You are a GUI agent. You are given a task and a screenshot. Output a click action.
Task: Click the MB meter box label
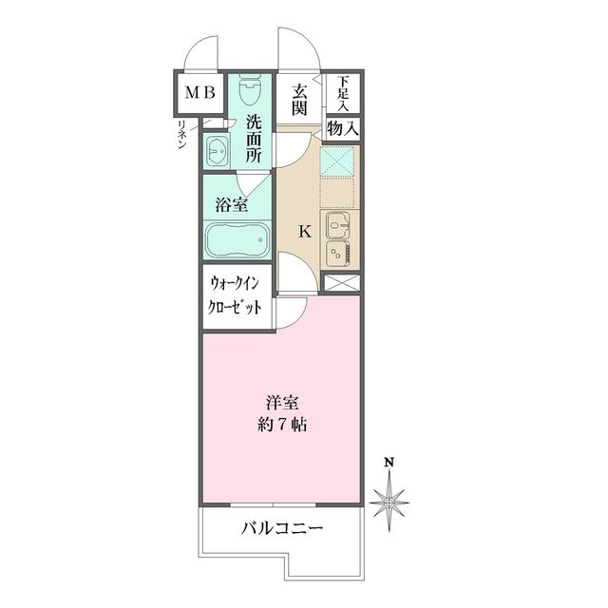click(199, 93)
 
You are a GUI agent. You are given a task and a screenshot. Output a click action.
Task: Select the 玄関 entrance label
click(298, 99)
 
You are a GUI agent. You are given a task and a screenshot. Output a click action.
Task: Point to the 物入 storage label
click(343, 126)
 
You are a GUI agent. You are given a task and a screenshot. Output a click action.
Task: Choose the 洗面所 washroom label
click(253, 139)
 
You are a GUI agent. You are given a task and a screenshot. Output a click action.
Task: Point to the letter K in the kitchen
click(305, 231)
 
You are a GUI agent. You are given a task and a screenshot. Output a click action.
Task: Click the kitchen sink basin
click(339, 225)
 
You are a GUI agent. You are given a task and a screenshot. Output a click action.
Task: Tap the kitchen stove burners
click(338, 252)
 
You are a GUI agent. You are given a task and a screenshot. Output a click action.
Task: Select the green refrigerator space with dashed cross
click(338, 162)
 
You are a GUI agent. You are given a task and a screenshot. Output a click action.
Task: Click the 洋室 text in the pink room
click(283, 401)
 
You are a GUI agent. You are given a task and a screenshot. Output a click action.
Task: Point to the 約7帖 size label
click(283, 424)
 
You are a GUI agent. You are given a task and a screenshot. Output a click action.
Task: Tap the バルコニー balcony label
click(282, 528)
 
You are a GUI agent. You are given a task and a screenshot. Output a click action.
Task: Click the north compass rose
click(389, 497)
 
